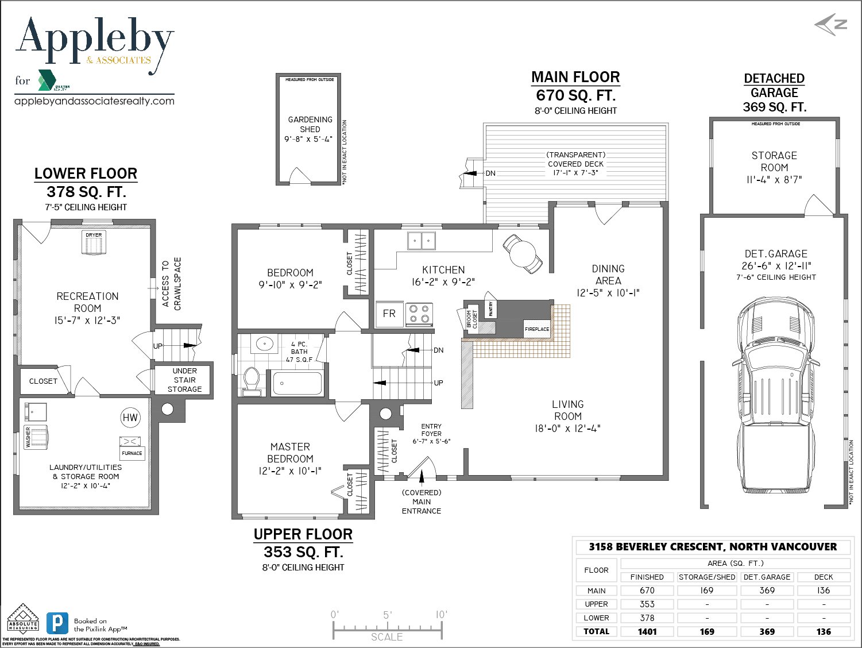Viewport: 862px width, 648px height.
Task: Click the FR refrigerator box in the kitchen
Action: click(x=389, y=314)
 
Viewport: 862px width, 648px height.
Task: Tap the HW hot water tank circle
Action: click(x=130, y=418)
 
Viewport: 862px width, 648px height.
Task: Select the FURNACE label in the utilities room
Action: click(x=132, y=453)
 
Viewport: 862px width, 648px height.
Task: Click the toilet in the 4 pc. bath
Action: click(x=252, y=379)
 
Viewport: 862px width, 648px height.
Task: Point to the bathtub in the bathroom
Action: click(x=297, y=383)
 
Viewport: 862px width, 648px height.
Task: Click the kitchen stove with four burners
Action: click(x=419, y=314)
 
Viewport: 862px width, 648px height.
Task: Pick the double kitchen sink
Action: click(x=421, y=240)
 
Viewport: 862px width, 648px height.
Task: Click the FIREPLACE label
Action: click(x=537, y=329)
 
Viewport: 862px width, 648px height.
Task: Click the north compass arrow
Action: click(x=831, y=25)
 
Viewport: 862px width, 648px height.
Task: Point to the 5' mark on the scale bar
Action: click(x=388, y=615)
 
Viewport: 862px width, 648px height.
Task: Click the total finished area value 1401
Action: click(x=647, y=631)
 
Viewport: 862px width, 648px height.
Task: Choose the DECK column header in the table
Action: click(x=823, y=577)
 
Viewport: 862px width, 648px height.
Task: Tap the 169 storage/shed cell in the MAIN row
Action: click(x=706, y=591)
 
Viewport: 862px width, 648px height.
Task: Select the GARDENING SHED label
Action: click(x=310, y=124)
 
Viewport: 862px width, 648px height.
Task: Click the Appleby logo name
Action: click(x=95, y=40)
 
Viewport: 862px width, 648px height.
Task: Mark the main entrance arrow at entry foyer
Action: click(x=422, y=475)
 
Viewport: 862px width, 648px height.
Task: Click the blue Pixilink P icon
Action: click(x=57, y=624)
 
